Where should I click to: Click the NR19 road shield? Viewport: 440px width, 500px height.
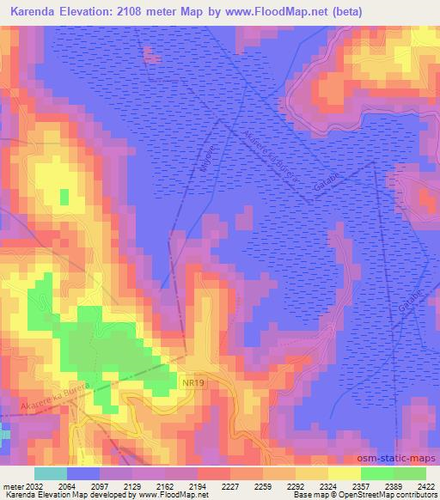[x=192, y=379]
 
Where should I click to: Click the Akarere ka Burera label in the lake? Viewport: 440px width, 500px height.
[x=270, y=155]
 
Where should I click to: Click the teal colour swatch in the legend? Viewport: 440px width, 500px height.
[x=51, y=473]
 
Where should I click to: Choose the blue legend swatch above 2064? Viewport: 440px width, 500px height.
[x=83, y=473]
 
